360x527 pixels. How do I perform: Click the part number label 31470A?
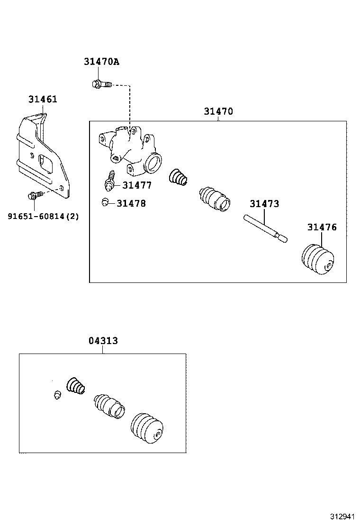point(101,62)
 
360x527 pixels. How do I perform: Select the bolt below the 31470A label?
point(100,84)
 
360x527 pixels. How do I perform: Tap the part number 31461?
point(42,99)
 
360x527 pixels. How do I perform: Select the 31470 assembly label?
point(218,111)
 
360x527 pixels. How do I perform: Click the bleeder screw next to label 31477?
point(109,179)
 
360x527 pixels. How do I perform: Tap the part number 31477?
point(137,185)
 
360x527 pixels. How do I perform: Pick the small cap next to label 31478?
point(106,202)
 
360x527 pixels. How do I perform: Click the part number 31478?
point(131,203)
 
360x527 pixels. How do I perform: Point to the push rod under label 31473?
point(266,228)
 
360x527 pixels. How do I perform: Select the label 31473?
point(264,204)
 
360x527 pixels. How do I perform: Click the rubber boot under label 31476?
point(318,259)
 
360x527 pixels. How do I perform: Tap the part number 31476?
point(322,227)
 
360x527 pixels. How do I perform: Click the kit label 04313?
point(103,341)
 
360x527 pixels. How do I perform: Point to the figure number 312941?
point(343,516)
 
